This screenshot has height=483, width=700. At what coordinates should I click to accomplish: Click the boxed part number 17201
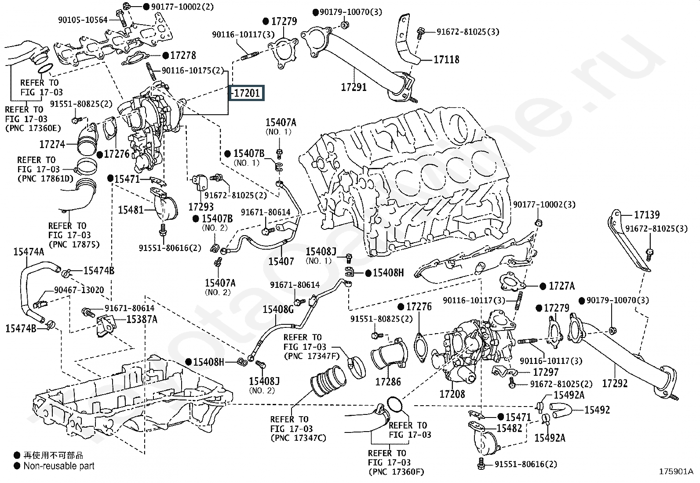point(247,93)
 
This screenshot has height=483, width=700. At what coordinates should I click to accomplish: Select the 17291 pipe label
point(354,87)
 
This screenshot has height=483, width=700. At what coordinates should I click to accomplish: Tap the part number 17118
point(446,59)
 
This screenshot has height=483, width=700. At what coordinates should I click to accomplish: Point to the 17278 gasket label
point(183,55)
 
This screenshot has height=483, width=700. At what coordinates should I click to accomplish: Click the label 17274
point(52,144)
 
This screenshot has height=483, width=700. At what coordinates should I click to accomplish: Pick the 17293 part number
point(201,206)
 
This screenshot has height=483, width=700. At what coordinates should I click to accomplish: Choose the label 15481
point(131,210)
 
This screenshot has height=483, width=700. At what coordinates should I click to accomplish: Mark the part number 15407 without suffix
point(281,261)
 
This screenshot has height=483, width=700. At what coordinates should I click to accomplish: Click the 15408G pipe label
point(278,309)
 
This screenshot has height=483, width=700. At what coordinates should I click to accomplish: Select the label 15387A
point(142,319)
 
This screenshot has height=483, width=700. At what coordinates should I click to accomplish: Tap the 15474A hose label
point(29,252)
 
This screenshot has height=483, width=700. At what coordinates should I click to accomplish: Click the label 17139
point(647,214)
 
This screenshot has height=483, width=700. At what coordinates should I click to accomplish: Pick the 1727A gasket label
point(561,286)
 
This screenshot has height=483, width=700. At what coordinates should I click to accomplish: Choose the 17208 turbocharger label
point(452,393)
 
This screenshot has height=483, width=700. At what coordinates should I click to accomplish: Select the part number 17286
point(388,381)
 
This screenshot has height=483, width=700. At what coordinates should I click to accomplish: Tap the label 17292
point(615,383)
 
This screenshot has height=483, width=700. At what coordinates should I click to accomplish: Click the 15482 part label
point(509,428)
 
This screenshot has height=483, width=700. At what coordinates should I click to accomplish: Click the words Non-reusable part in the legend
point(59,466)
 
